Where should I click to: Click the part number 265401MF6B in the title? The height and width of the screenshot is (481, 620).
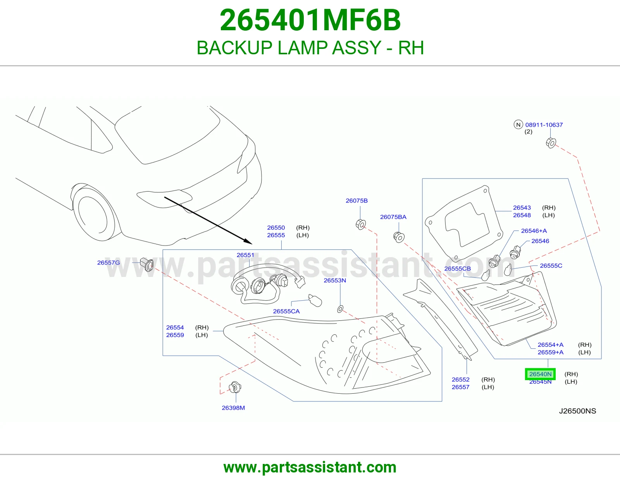pos(310,20)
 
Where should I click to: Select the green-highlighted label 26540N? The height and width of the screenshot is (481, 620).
pos(540,374)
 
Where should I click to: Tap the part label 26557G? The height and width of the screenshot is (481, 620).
pos(108,263)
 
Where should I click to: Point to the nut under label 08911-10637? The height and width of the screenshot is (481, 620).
pos(551,143)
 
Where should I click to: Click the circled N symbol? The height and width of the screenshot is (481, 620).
pos(518,125)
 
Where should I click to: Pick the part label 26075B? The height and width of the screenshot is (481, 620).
pos(356,201)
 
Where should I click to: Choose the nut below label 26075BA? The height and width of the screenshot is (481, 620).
pos(399,237)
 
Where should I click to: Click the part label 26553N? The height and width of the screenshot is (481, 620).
pos(335,280)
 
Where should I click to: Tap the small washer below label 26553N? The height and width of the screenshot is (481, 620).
pos(340,309)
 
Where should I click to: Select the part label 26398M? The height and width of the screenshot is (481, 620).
pos(233,408)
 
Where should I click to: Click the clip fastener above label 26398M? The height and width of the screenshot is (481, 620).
pos(235,387)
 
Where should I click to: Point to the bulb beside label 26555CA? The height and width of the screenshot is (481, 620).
pos(315,301)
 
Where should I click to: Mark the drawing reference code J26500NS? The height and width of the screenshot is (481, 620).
pos(577,411)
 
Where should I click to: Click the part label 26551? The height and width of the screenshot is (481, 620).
pos(245,255)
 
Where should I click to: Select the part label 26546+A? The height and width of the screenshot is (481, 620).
pos(534,230)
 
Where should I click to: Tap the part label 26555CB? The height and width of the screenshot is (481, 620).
pos(457,268)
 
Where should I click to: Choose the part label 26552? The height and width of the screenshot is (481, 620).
pos(460,379)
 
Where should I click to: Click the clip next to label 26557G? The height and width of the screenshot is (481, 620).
pos(147,265)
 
